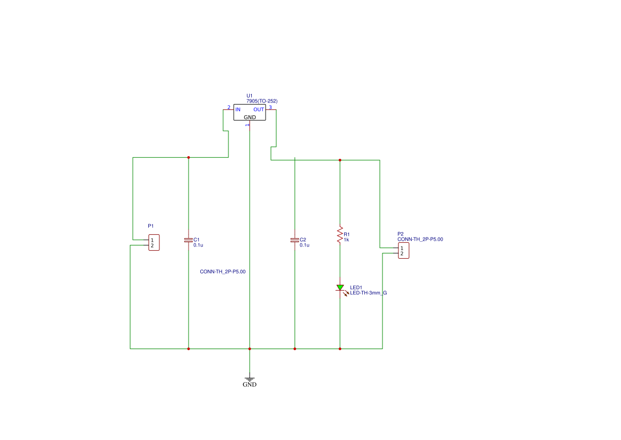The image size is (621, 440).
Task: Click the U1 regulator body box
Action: click(250, 113)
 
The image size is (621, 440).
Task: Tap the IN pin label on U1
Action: click(237, 109)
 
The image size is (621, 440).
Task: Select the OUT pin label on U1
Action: click(259, 109)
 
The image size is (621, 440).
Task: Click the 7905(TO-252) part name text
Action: click(262, 101)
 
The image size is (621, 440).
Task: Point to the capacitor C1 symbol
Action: click(189, 240)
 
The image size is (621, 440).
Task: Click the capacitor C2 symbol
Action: click(295, 240)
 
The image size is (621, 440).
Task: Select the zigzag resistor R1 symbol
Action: click(340, 235)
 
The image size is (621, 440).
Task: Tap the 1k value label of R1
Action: click(346, 240)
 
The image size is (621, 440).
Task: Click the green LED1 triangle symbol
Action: click(340, 287)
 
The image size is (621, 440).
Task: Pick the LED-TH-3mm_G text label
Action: click(368, 293)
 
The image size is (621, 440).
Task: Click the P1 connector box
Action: click(154, 242)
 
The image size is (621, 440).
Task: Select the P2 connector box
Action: click(404, 251)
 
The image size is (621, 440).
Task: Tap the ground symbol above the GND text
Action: click(250, 379)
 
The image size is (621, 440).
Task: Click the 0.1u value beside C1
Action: click(198, 245)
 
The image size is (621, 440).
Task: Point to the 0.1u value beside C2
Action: click(304, 245)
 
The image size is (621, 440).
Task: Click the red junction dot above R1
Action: click(340, 160)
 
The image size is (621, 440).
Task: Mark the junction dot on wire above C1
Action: click(189, 158)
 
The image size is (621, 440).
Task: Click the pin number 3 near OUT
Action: click(270, 107)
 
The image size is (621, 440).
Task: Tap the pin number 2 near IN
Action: click(228, 107)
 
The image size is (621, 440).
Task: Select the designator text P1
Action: click(150, 226)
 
